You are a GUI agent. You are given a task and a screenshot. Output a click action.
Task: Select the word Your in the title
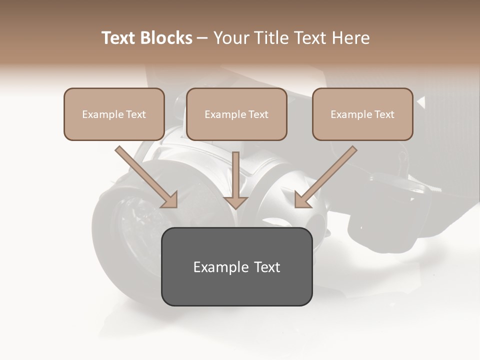point(231,38)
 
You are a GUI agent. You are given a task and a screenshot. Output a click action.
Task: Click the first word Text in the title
point(120,38)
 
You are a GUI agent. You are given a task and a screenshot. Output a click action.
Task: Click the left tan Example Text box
point(114,114)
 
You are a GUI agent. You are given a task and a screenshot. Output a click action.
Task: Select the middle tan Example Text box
point(236,114)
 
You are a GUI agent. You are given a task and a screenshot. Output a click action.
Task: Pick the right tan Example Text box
point(362,114)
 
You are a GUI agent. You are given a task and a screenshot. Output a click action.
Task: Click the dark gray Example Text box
point(236,266)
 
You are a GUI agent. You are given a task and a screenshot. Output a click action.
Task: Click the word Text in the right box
point(384,114)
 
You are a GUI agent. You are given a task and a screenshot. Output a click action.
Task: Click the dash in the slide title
point(202,38)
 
